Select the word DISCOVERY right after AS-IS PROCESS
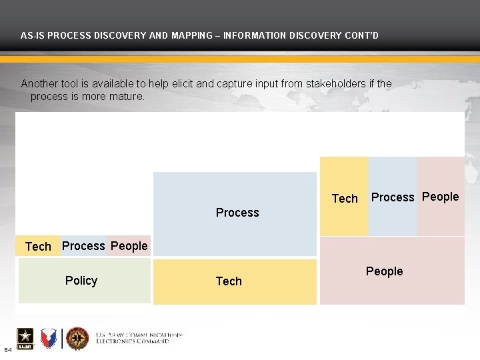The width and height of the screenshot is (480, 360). (109, 35)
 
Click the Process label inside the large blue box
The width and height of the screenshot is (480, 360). (237, 213)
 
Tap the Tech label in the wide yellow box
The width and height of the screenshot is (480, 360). (229, 281)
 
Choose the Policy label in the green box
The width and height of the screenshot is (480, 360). (81, 281)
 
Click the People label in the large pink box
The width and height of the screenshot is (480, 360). (384, 271)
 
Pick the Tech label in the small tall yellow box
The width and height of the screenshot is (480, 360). (345, 199)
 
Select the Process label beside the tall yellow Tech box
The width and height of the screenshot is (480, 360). (393, 197)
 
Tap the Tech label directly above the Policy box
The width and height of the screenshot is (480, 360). (38, 247)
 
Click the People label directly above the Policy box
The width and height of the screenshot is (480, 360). (129, 246)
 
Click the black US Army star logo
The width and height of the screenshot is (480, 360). (25, 338)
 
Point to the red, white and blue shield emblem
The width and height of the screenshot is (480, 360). (49, 339)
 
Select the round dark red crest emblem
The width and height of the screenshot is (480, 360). (77, 339)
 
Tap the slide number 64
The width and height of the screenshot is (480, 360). (7, 350)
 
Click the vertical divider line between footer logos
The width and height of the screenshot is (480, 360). (62, 339)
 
